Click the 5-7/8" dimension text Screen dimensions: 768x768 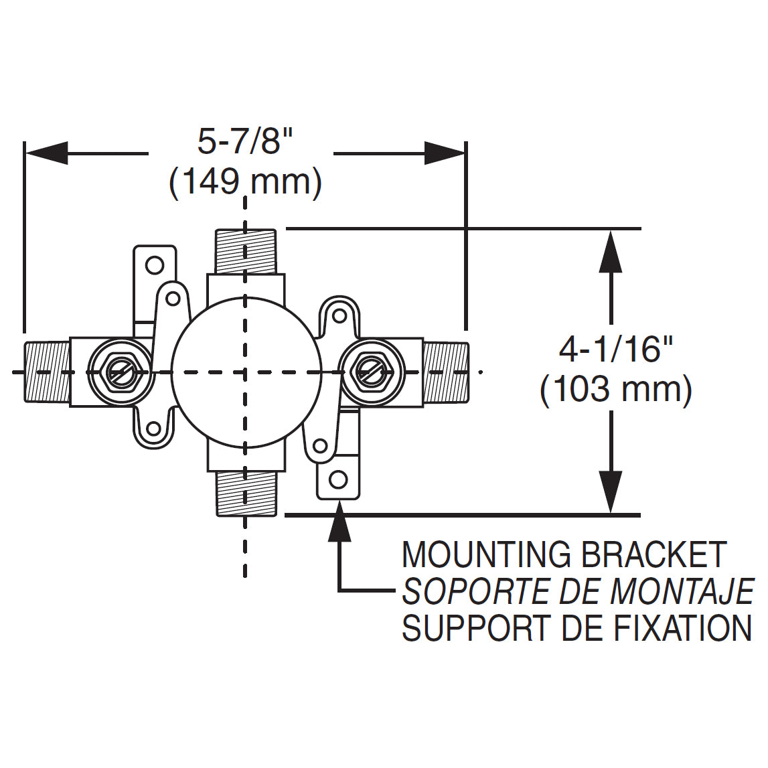tap(245, 142)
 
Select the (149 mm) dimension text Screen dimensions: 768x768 tap(245, 182)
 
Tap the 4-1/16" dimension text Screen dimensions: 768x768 tap(616, 350)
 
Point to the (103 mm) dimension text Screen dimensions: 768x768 tap(616, 390)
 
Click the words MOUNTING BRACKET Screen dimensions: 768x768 tap(564, 555)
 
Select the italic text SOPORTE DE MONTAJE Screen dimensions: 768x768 tap(577, 591)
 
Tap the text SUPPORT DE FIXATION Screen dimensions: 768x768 tap(576, 628)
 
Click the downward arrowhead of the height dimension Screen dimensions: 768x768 tap(610, 492)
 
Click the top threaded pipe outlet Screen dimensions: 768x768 tap(246, 251)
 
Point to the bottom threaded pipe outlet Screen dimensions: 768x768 tap(246, 493)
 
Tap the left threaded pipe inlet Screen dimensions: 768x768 tap(47, 372)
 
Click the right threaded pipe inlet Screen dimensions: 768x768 tap(446, 372)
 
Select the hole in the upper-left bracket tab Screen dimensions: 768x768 tap(155, 266)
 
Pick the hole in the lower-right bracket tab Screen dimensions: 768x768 tap(339, 479)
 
